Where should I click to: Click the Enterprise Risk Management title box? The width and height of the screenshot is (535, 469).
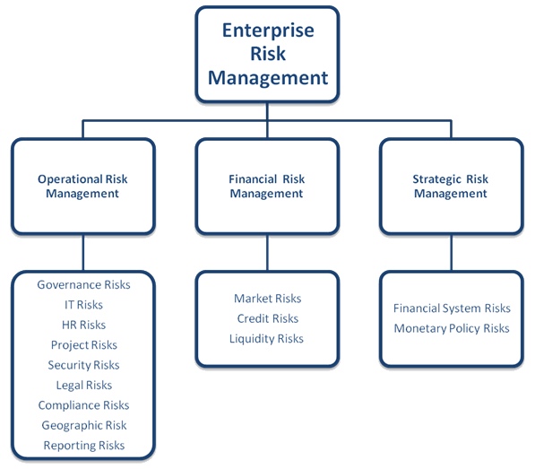(267, 54)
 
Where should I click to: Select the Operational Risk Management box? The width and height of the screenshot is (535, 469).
(83, 186)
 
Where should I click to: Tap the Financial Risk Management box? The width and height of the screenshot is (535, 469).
(267, 186)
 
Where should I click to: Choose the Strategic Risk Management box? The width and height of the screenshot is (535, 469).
(452, 186)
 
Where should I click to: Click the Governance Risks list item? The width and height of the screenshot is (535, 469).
(83, 284)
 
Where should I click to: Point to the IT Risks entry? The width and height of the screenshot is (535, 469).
(83, 305)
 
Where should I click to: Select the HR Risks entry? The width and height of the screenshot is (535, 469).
(83, 325)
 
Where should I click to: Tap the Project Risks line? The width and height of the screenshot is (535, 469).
(84, 345)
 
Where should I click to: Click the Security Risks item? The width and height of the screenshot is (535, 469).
(83, 365)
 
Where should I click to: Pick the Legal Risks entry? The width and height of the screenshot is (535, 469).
(84, 386)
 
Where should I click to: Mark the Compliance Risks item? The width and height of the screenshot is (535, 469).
(83, 405)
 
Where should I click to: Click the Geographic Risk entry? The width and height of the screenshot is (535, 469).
(84, 426)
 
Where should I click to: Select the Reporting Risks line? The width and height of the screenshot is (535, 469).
(84, 446)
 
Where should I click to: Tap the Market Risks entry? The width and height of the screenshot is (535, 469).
(267, 299)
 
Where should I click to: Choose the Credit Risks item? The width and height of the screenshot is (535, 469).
(267, 318)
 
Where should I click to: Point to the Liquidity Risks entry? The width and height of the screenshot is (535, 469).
(266, 339)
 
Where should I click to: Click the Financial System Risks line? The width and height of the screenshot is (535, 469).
(452, 308)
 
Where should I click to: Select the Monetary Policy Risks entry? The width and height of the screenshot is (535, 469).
(452, 329)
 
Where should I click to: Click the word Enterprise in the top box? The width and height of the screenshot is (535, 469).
(268, 30)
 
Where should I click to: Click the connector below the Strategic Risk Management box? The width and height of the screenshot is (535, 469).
(452, 253)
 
